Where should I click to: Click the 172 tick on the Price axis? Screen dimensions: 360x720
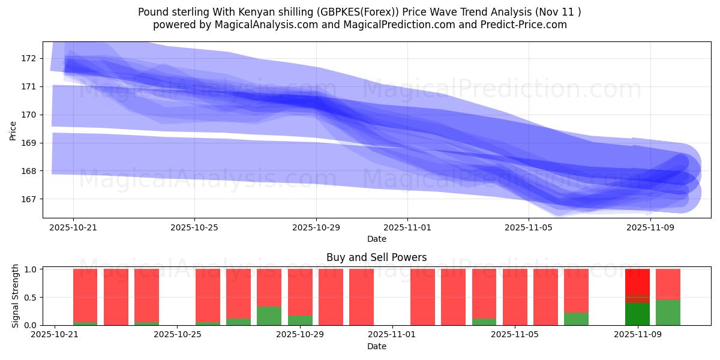pyautogui.click(x=28, y=58)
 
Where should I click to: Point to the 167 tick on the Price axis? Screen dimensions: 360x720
pyautogui.click(x=28, y=199)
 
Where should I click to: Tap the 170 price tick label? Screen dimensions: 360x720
pyautogui.click(x=28, y=115)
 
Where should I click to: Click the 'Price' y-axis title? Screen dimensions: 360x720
pyautogui.click(x=13, y=130)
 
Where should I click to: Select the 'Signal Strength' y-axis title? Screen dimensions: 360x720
pyautogui.click(x=16, y=295)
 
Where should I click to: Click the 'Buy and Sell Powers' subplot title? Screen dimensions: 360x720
pyautogui.click(x=376, y=257)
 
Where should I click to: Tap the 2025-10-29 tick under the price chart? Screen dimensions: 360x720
pyautogui.click(x=316, y=227)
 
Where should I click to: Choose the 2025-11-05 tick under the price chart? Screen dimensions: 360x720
pyautogui.click(x=528, y=227)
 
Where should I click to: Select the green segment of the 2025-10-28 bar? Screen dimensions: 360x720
pyautogui.click(x=269, y=316)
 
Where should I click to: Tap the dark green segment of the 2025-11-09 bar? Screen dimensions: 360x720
pyautogui.click(x=637, y=314)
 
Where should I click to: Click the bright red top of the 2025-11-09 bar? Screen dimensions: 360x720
pyautogui.click(x=637, y=281)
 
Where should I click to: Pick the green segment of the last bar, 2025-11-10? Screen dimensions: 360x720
pyautogui.click(x=668, y=313)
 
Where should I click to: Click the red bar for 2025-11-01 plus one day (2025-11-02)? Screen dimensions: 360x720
pyautogui.click(x=422, y=297)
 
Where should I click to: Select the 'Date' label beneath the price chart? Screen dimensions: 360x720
pyautogui.click(x=376, y=239)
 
